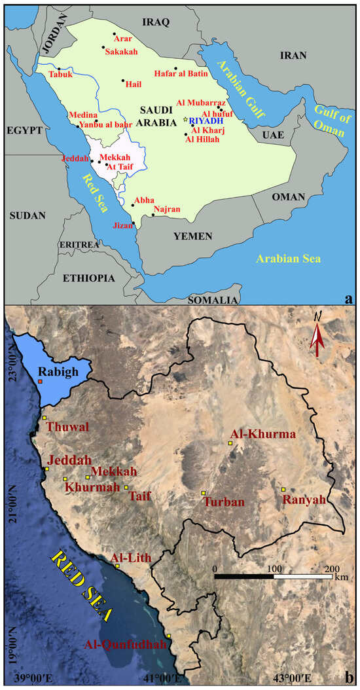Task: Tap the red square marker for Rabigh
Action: pos(40,381)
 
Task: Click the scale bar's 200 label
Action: pos(331,568)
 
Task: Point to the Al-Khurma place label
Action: pos(255,434)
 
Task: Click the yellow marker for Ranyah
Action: pos(283,490)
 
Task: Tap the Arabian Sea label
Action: pos(289,259)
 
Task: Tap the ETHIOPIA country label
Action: pos(88,278)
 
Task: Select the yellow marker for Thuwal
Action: pos(45,418)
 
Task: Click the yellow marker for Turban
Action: pos(204,492)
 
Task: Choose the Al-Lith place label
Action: pos(131,558)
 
